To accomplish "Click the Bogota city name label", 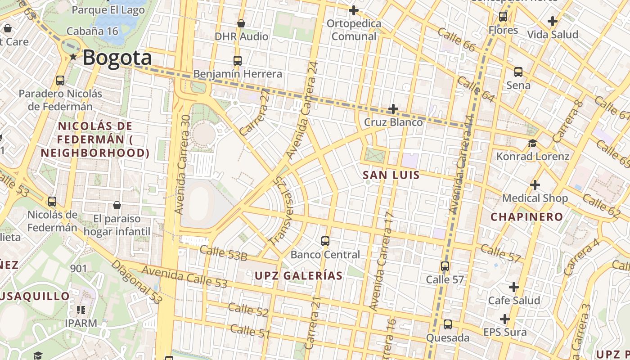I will pos(117,58).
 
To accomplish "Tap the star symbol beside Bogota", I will pos(73,57).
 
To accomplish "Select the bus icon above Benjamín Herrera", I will pos(237,61).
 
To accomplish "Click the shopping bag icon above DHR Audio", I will pos(241,23).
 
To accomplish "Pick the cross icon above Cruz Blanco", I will pos(393,109).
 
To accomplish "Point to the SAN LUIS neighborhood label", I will pos(391,175).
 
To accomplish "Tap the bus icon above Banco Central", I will pos(325,241).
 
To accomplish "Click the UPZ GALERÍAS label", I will pos(299,275).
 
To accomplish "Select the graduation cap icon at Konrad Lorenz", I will pos(532,144).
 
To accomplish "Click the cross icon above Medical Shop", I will pos(535,185).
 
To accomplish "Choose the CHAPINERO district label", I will pos(526,216).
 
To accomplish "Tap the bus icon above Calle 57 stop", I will pos(445,266).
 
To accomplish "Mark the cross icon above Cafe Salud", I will pos(513,287).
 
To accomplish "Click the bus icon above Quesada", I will pos(447,324).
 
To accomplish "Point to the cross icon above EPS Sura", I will pos(504,319).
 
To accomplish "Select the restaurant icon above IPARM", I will pos(81,310).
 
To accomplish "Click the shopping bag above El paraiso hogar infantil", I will pos(117,206).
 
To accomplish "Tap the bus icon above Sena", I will pos(518,72).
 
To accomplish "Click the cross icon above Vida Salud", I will pos(552,21).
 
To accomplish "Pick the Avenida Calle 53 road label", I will pos(184,276).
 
